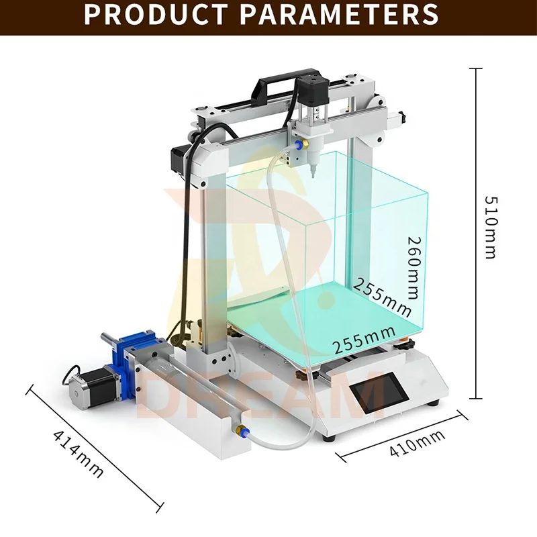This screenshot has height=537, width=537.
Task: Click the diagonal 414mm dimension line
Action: tap(95, 446)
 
